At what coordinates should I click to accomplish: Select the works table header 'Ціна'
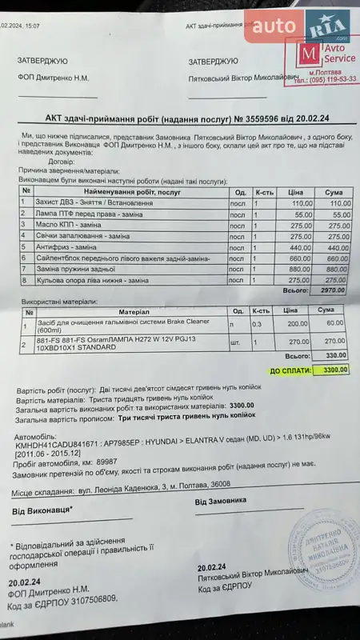click(296, 192)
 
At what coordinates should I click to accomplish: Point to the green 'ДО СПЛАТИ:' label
click(291, 370)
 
